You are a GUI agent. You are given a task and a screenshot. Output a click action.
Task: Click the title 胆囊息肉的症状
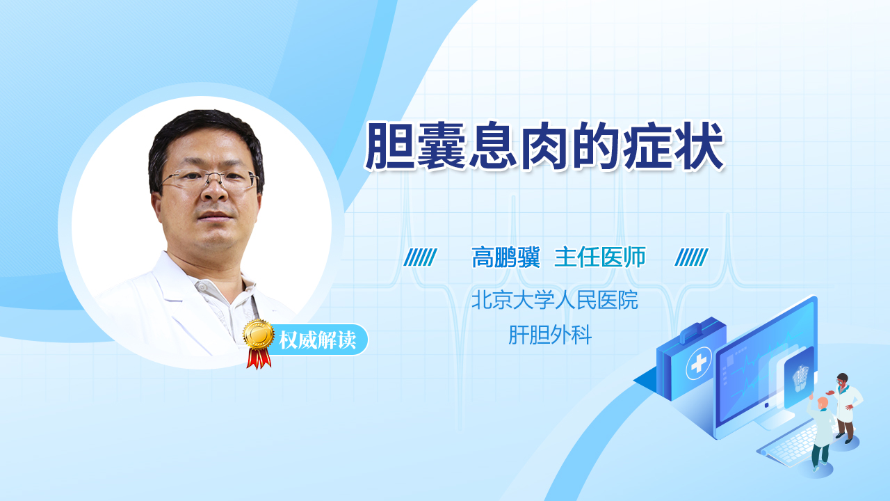544,147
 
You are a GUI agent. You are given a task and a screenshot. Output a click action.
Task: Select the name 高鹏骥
505,257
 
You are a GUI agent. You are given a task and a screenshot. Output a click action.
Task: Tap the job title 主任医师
600,257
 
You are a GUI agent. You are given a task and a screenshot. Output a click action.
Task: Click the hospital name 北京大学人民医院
555,300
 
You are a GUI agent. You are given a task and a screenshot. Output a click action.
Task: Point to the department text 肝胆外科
550,335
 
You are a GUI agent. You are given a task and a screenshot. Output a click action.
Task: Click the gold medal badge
259,335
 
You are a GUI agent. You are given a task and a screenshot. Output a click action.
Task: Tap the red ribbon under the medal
259,358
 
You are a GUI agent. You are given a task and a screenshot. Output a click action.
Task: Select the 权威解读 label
318,340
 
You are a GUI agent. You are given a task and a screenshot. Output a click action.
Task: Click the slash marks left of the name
421,257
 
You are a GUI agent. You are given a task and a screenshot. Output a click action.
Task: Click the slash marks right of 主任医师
691,257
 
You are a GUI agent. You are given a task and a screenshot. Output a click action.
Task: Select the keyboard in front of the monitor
788,445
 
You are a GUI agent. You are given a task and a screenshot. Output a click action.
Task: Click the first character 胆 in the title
388,147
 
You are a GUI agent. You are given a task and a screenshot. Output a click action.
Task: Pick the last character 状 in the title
700,147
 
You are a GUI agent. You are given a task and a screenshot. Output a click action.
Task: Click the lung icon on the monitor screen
800,378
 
